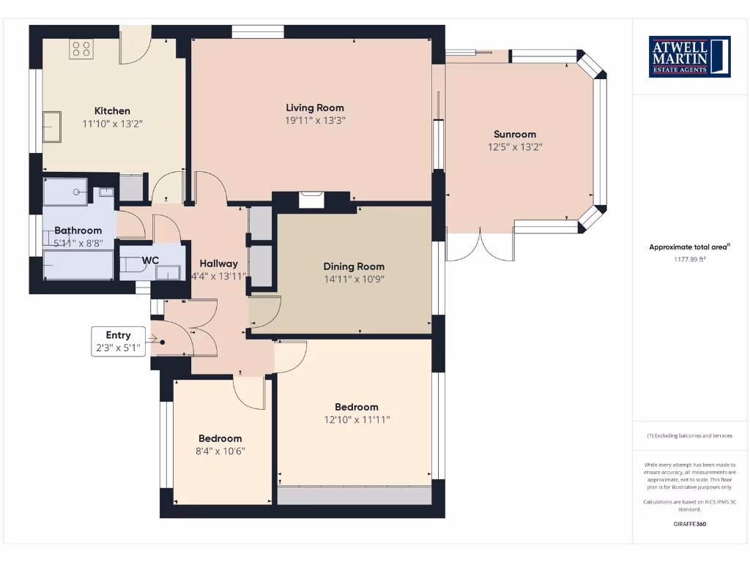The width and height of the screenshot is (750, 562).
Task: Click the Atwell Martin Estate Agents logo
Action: point(689,56)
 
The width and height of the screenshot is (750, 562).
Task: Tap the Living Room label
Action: point(315,108)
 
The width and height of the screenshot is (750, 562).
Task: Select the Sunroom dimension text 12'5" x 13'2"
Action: point(515,147)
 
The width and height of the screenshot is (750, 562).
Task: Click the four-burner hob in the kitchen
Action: point(81,50)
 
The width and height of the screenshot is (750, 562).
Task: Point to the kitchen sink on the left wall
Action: point(53,126)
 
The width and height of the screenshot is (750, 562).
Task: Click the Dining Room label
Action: point(354,266)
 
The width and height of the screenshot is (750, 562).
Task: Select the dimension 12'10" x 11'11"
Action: point(357,420)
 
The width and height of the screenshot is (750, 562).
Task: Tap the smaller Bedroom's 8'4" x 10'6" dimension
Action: point(220,452)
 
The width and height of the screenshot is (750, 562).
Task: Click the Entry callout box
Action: point(119,342)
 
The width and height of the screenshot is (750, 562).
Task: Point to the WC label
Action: point(151,260)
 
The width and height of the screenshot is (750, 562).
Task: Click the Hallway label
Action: point(218,263)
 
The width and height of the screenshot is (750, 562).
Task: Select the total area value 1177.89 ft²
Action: point(689,259)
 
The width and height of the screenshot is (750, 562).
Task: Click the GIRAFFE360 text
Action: point(689,524)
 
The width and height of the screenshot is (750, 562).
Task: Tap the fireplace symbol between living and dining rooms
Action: point(311,199)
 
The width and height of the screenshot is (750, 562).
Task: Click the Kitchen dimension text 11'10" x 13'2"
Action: point(112,124)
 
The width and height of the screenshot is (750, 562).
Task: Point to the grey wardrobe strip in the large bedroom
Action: point(354,495)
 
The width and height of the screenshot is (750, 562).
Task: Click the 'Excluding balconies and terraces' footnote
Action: point(689,435)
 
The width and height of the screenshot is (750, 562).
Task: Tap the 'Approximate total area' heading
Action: point(688,247)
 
